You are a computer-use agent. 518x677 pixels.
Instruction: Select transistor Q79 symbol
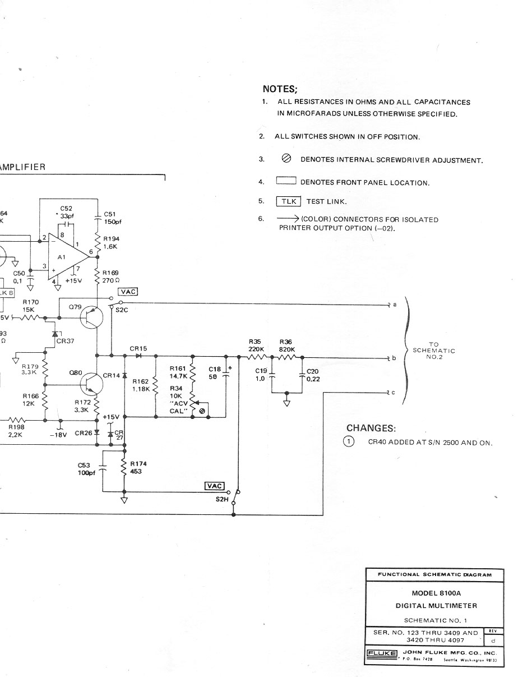click(x=91, y=317)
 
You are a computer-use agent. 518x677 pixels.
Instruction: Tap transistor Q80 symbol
click(x=90, y=384)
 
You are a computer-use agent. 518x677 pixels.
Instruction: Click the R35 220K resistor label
click(x=256, y=345)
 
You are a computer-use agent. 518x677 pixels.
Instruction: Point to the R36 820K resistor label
click(x=286, y=345)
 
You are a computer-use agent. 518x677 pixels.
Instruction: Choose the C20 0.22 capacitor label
click(x=313, y=375)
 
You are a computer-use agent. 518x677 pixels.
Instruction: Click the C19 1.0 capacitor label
click(x=261, y=375)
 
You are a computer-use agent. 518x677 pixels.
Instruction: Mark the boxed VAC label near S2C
click(x=127, y=292)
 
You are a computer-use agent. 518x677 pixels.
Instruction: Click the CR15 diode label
click(x=138, y=349)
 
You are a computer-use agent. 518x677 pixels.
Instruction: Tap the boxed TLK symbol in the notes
click(x=288, y=201)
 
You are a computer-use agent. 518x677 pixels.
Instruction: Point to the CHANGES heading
click(x=371, y=429)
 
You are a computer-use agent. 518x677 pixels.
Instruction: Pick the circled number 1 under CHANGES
click(x=349, y=442)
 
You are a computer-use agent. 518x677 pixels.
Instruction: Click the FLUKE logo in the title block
click(x=382, y=653)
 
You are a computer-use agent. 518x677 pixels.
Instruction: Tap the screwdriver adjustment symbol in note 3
click(x=286, y=159)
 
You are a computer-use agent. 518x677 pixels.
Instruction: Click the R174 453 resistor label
click(x=138, y=468)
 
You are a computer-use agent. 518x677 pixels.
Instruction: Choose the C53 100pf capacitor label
click(x=87, y=469)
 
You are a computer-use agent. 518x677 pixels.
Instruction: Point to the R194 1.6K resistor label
click(x=111, y=242)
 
